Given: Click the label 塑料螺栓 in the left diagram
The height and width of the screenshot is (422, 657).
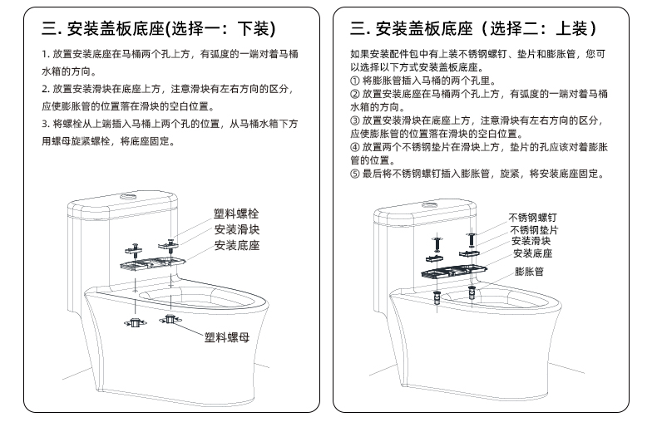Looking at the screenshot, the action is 236,214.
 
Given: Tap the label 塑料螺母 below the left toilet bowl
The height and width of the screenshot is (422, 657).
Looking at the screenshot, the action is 227,337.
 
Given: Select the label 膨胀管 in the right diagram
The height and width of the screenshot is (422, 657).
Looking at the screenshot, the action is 529,272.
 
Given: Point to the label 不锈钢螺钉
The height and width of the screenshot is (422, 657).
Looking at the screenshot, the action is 532,218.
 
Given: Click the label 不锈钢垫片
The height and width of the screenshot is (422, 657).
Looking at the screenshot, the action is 534,230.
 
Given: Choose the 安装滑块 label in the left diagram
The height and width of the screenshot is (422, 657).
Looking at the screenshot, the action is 237,229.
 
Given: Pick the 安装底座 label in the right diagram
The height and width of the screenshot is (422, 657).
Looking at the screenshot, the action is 533,253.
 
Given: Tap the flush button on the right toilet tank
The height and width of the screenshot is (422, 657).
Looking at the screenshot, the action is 430,205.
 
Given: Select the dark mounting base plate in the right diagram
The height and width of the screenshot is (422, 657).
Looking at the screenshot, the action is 454,272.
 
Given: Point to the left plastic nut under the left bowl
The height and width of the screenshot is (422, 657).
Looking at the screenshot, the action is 135,323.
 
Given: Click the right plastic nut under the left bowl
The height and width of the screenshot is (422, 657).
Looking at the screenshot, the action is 170,320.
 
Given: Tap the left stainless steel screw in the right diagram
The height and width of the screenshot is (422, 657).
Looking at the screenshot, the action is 437,243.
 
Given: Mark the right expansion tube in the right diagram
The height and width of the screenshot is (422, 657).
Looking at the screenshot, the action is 472,292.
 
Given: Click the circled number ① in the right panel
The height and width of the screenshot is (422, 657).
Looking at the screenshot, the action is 355,81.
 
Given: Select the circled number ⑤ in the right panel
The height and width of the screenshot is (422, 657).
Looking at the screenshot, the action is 355,174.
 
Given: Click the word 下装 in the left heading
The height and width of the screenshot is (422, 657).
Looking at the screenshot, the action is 253,29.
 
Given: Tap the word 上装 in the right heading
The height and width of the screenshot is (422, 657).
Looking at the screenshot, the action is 571,29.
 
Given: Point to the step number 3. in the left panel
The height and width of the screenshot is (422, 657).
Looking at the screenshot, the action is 46,124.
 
